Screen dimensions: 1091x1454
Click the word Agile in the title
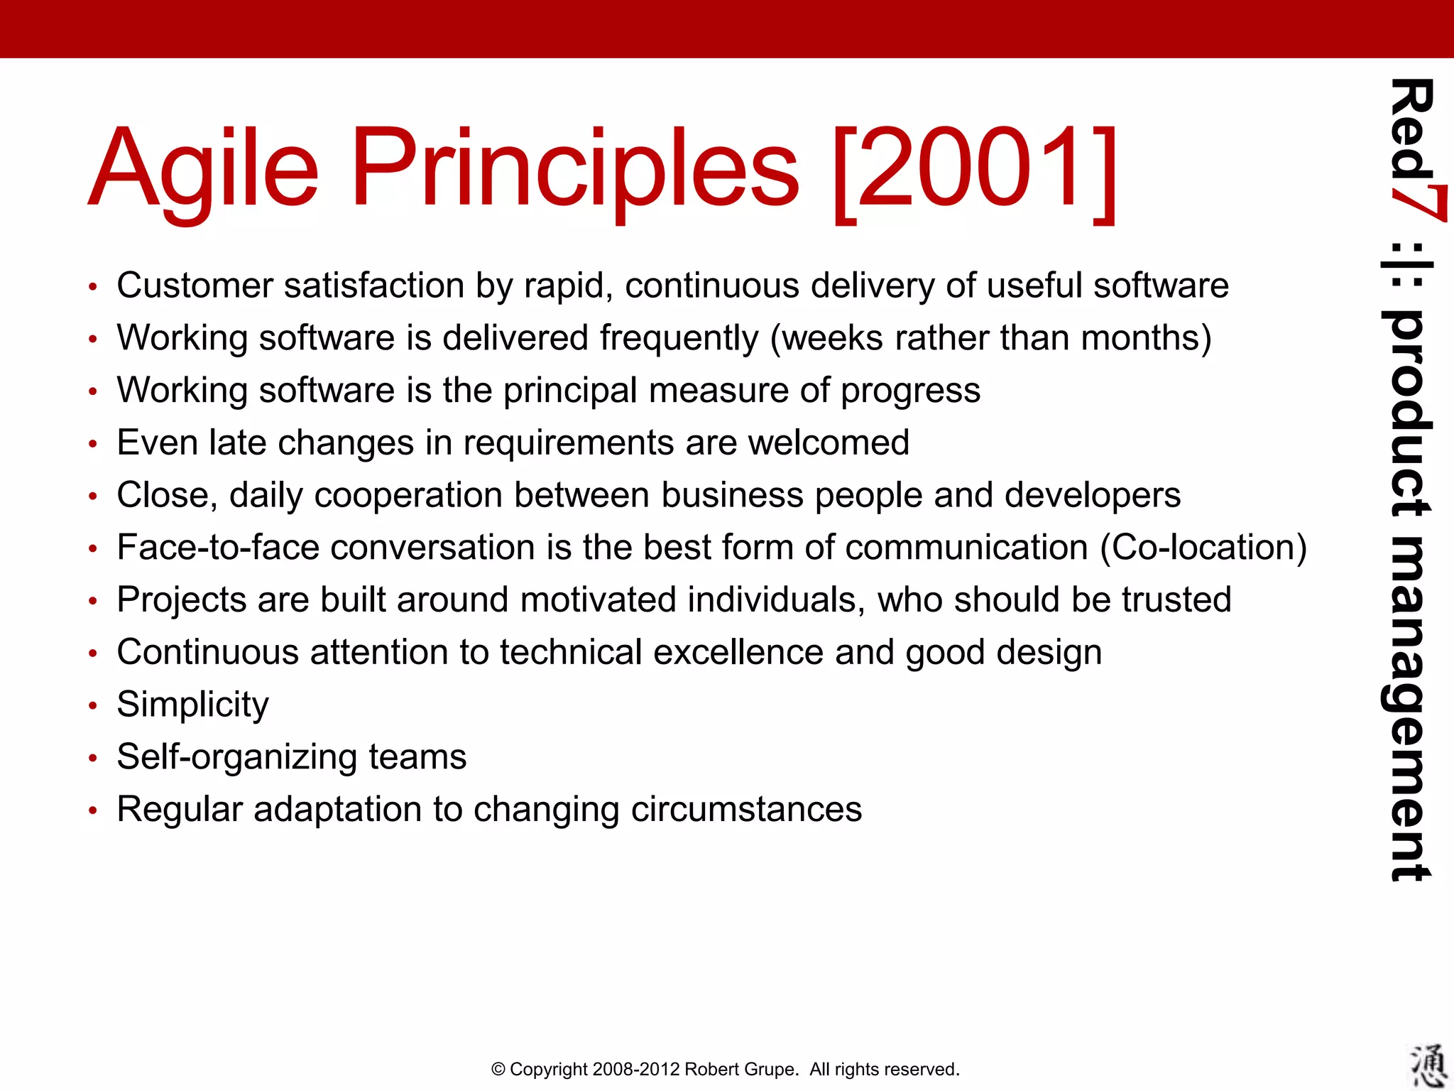[203, 170]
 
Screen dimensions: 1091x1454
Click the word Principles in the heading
[575, 170]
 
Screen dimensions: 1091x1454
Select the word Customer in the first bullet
[195, 286]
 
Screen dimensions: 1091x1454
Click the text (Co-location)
[1203, 548]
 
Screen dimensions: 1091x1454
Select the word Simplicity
[192, 705]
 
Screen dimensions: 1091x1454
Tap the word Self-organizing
[237, 757]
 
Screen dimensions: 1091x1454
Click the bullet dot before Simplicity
[92, 706]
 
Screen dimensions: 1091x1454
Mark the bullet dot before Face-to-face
[92, 549]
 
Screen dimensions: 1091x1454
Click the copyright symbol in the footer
[498, 1069]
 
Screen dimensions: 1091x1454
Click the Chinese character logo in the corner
[1427, 1065]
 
